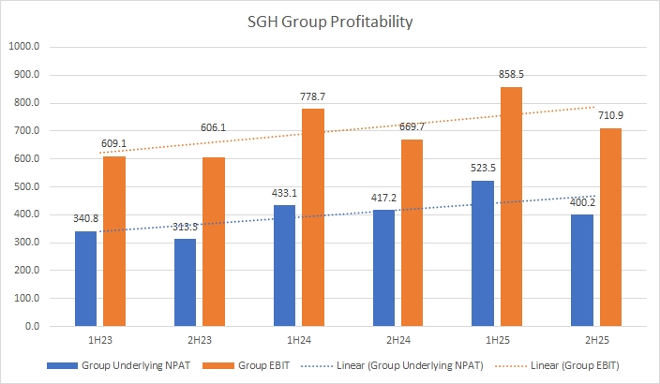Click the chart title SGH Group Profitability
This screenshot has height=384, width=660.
(330, 20)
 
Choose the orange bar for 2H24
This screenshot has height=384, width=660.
(412, 233)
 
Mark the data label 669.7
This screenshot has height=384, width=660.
(412, 128)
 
